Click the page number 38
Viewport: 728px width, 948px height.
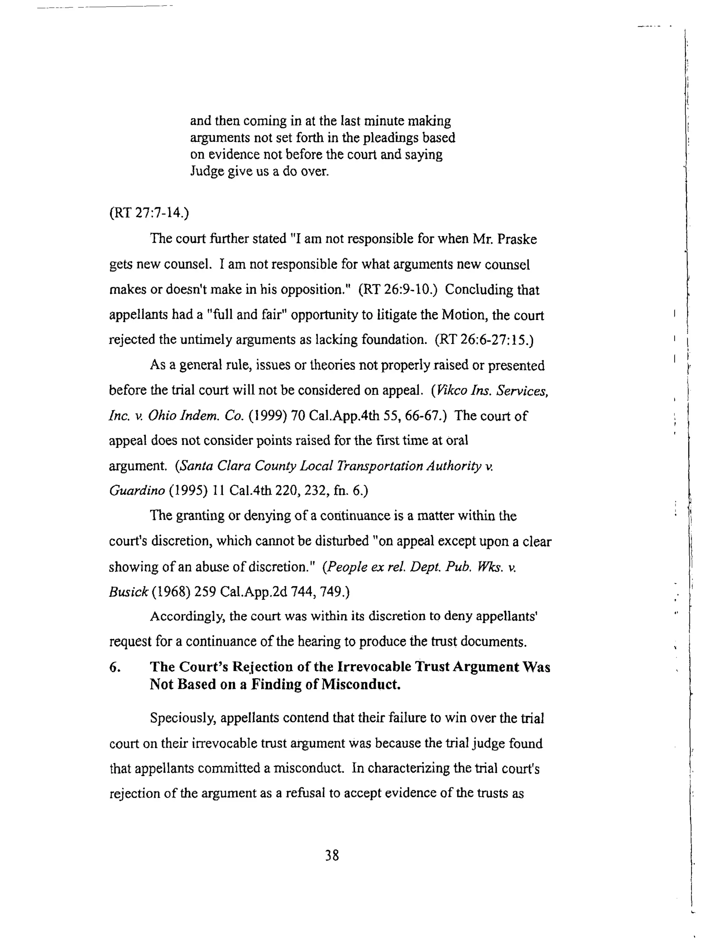332,855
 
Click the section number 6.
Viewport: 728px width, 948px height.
115,667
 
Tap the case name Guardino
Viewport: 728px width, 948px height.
136,491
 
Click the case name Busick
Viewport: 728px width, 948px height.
128,592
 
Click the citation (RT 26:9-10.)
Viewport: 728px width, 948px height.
397,289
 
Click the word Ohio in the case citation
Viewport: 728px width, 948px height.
162,416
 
